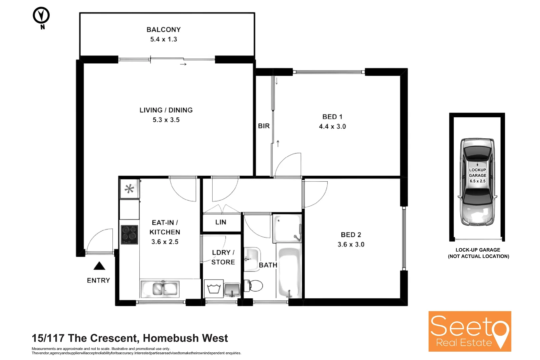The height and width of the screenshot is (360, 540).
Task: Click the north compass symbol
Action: [41, 16]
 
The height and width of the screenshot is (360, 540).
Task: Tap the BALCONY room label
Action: [163, 30]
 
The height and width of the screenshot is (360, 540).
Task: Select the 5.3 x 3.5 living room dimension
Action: [166, 120]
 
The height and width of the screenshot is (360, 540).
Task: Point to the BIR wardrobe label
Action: [264, 126]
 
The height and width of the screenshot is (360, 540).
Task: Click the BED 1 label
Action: [332, 117]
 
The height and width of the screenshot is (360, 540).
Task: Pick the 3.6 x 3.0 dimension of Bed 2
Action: [351, 244]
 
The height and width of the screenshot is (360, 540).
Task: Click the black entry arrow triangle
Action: [99, 266]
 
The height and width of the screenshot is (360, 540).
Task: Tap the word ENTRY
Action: [98, 280]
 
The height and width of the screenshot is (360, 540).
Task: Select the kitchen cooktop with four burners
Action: [129, 234]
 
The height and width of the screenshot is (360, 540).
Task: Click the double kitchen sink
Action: [160, 289]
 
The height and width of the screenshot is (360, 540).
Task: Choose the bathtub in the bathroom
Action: [289, 272]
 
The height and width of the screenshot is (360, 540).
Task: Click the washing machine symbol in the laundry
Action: [213, 289]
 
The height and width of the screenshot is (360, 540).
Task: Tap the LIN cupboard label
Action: [221, 222]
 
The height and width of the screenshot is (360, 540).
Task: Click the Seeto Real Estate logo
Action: [470, 331]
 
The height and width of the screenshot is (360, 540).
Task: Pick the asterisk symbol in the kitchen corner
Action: [129, 189]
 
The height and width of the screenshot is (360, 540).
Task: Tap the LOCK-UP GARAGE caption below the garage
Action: [478, 250]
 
